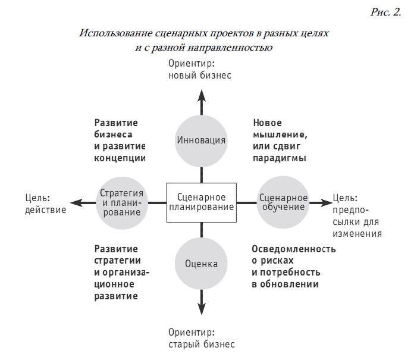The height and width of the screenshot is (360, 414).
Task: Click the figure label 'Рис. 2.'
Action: (x=386, y=12)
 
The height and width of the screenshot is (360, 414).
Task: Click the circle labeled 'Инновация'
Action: (x=201, y=141)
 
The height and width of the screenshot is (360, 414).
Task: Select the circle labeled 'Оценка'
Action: (x=201, y=264)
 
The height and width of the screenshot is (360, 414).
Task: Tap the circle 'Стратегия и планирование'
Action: (x=122, y=203)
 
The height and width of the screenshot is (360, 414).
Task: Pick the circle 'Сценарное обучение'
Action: (x=283, y=202)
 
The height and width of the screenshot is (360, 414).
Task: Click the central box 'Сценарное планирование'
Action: (x=202, y=202)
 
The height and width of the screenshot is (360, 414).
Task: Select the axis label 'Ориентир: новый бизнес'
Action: (x=200, y=70)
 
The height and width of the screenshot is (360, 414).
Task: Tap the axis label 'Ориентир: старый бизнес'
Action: (x=202, y=339)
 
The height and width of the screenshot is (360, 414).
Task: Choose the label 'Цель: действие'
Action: (x=46, y=204)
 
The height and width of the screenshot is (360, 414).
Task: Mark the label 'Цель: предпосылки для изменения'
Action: (x=357, y=216)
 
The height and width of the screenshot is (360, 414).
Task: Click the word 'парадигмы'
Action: (x=280, y=158)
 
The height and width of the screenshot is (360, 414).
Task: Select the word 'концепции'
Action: (x=120, y=158)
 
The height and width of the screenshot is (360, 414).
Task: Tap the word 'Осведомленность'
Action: (x=294, y=249)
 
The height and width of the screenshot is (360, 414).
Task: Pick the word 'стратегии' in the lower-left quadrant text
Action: (x=118, y=261)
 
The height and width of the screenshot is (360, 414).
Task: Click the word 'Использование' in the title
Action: (x=116, y=33)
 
